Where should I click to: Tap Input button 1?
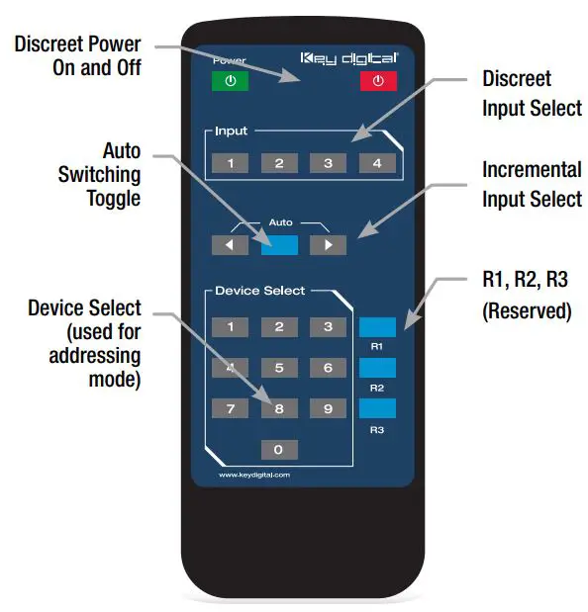tap(230, 163)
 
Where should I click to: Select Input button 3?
tap(328, 163)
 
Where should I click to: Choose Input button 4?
tap(376, 163)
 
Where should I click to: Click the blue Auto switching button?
tap(279, 244)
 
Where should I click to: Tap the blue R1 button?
tap(376, 327)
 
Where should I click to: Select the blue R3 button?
tap(376, 409)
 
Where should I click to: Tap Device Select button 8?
tap(279, 408)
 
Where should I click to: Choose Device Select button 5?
tap(279, 368)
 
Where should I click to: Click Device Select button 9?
tap(328, 408)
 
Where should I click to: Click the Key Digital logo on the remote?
tap(348, 58)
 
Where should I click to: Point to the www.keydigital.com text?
tap(253, 475)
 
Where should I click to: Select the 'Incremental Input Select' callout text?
tap(532, 184)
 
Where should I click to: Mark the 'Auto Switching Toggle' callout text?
tap(108, 174)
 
